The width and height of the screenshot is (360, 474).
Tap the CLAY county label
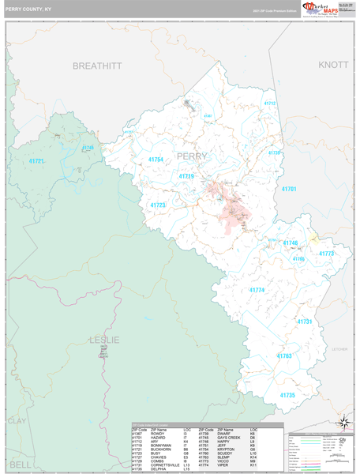click(16, 422)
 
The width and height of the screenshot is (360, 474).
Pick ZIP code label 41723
click(157, 205)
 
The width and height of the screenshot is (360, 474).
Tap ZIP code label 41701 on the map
click(288, 190)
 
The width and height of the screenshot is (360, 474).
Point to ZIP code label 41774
click(258, 290)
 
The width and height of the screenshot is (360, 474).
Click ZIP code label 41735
click(287, 394)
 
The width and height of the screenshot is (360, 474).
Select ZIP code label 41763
click(284, 356)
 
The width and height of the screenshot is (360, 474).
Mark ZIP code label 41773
click(327, 254)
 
